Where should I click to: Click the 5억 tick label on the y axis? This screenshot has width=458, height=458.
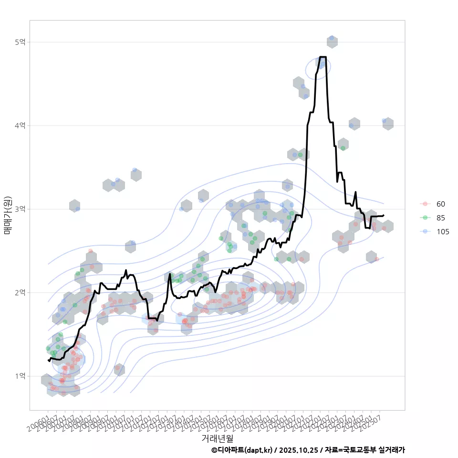(x=20, y=42)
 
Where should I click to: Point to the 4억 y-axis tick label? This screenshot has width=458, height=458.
(x=20, y=125)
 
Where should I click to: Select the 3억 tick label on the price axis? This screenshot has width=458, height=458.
(x=20, y=209)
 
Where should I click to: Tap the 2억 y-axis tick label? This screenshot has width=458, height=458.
(x=20, y=292)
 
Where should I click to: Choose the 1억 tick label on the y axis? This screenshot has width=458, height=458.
(x=20, y=376)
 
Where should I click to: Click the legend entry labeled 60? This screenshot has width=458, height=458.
(x=440, y=204)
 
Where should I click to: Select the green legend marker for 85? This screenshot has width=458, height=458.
(x=424, y=218)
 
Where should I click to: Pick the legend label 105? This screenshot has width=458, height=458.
(x=443, y=232)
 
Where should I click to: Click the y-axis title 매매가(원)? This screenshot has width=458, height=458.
(x=7, y=215)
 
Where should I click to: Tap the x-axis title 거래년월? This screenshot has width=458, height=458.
(x=217, y=437)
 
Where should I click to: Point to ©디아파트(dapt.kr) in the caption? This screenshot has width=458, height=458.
(x=243, y=450)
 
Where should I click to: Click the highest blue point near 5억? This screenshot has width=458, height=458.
(x=332, y=38)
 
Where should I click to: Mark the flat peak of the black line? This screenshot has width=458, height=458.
(x=322, y=57)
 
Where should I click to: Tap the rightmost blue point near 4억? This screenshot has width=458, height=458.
(x=385, y=121)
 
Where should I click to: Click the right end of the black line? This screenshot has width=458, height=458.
(x=384, y=215)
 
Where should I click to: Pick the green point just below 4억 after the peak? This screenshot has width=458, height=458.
(x=343, y=148)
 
